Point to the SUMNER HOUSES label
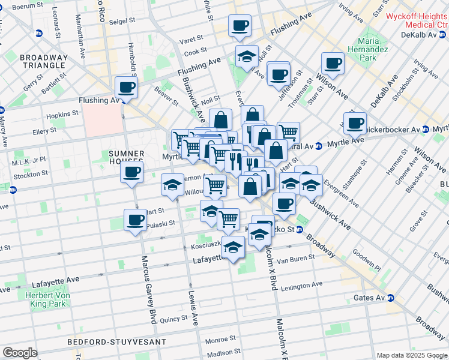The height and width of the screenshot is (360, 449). click(126, 157)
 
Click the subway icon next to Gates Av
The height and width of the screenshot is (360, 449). click(391, 298)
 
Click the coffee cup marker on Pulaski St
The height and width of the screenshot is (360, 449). click(135, 220)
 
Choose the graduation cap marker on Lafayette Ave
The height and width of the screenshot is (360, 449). click(233, 246)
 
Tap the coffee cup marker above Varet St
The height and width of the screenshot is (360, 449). click(240, 25)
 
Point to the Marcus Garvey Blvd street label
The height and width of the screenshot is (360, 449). click(148, 289)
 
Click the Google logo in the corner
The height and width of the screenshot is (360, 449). click(20, 353)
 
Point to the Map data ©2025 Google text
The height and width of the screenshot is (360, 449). click(412, 355)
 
